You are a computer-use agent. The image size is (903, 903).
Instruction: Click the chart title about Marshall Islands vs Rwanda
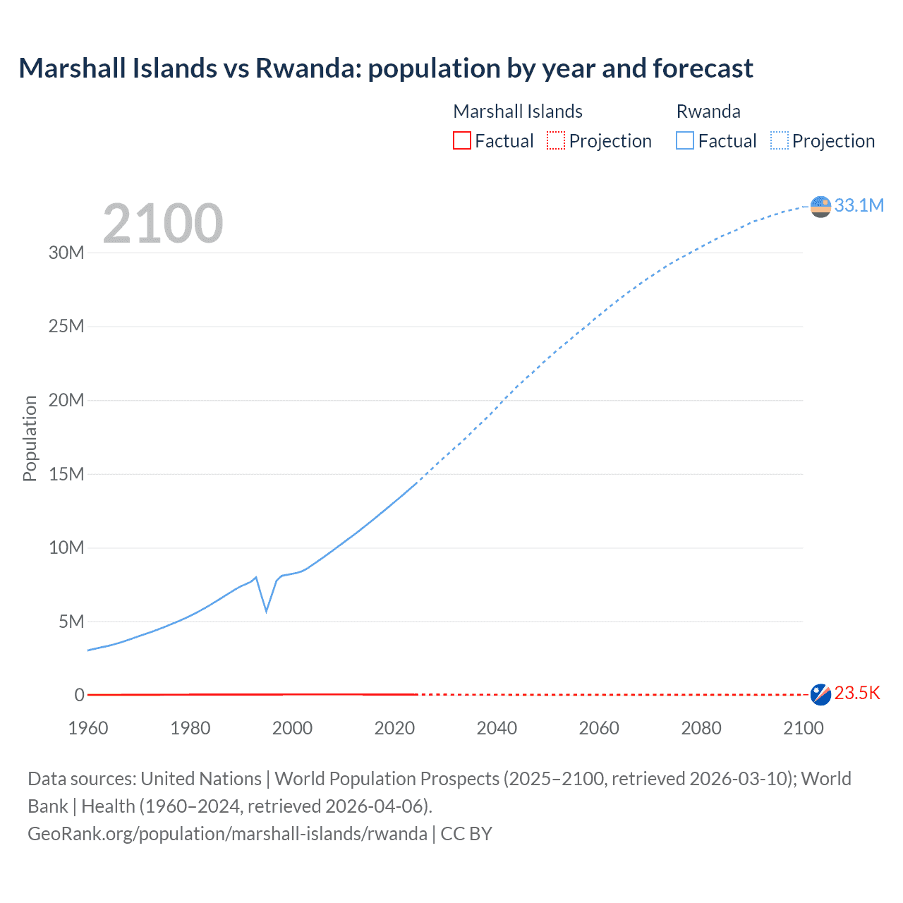(385, 68)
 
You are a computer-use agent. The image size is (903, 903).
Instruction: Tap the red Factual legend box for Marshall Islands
(461, 140)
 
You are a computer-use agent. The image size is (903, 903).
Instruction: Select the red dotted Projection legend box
(556, 140)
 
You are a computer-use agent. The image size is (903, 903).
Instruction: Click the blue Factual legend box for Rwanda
(684, 140)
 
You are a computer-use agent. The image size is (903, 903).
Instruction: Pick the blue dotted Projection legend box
(779, 140)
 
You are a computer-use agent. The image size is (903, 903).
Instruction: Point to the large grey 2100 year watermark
(163, 224)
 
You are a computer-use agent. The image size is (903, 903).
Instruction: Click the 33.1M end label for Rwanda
(859, 205)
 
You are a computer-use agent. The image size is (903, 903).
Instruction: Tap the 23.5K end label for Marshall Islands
(857, 693)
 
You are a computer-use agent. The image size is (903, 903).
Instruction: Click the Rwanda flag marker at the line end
(820, 207)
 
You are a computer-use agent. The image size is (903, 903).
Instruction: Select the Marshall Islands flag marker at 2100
(820, 694)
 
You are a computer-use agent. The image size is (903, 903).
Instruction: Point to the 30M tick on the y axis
(66, 253)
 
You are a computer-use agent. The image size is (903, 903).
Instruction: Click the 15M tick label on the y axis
(66, 474)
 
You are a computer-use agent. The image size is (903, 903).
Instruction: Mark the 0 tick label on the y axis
(79, 695)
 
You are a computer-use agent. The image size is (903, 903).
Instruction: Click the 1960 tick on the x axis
(88, 728)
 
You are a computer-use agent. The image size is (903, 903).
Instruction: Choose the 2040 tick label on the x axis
(497, 728)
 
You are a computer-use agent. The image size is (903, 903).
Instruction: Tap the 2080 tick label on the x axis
(701, 728)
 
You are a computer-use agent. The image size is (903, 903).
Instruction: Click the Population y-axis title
(30, 438)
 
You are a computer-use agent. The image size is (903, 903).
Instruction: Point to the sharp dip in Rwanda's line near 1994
(266, 610)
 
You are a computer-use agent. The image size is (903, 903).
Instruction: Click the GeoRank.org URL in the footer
(227, 833)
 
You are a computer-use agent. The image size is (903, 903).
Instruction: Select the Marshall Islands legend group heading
(517, 111)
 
